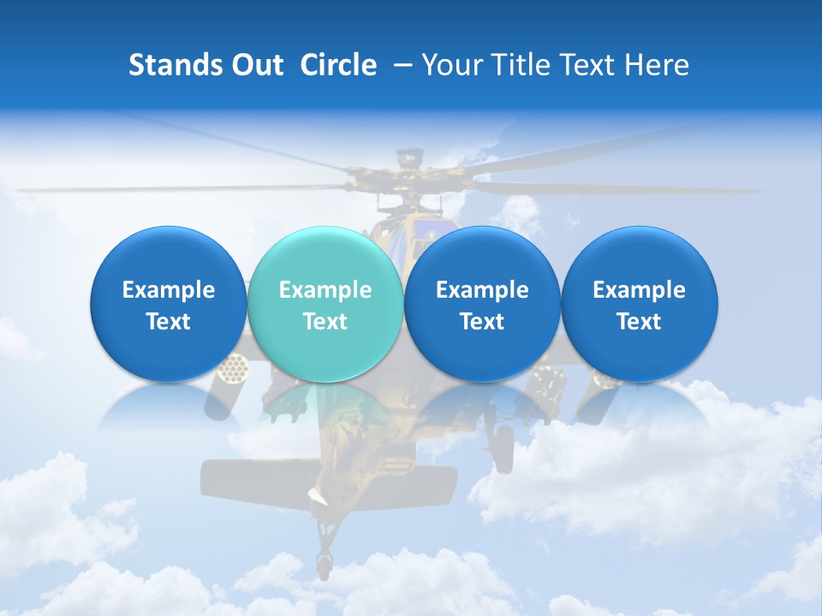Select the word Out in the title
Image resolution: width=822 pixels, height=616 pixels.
coord(255,65)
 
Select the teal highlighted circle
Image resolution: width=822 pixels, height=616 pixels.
coord(325,304)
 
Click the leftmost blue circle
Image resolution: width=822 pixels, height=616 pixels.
coord(168,304)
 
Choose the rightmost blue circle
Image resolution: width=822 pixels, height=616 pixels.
coord(639,304)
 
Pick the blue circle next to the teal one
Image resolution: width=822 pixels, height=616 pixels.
coord(481,304)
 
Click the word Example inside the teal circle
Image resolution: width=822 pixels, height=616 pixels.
coord(325,290)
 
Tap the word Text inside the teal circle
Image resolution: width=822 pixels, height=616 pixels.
coord(325,322)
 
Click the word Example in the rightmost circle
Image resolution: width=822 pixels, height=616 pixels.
coord(639,290)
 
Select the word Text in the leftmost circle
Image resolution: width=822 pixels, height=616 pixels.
coord(168,322)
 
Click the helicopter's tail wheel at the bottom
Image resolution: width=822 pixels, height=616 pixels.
coord(324,563)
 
